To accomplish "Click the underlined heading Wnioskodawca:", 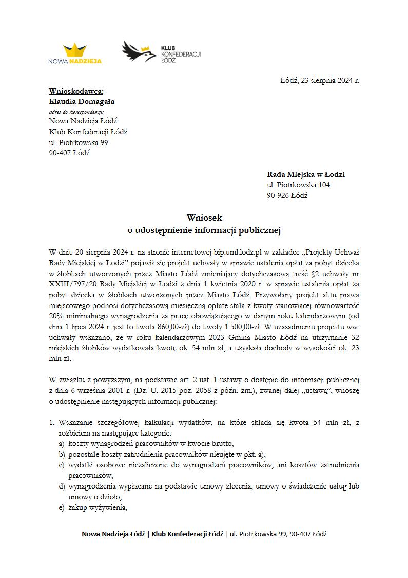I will click(76, 91).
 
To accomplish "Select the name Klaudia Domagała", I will click(82, 101).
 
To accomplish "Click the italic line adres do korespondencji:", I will click(76, 111).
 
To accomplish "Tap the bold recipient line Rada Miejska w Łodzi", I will click(306, 175).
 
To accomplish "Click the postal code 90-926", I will click(278, 195).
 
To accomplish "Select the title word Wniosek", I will click(204, 219).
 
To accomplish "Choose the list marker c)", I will click(62, 465).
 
